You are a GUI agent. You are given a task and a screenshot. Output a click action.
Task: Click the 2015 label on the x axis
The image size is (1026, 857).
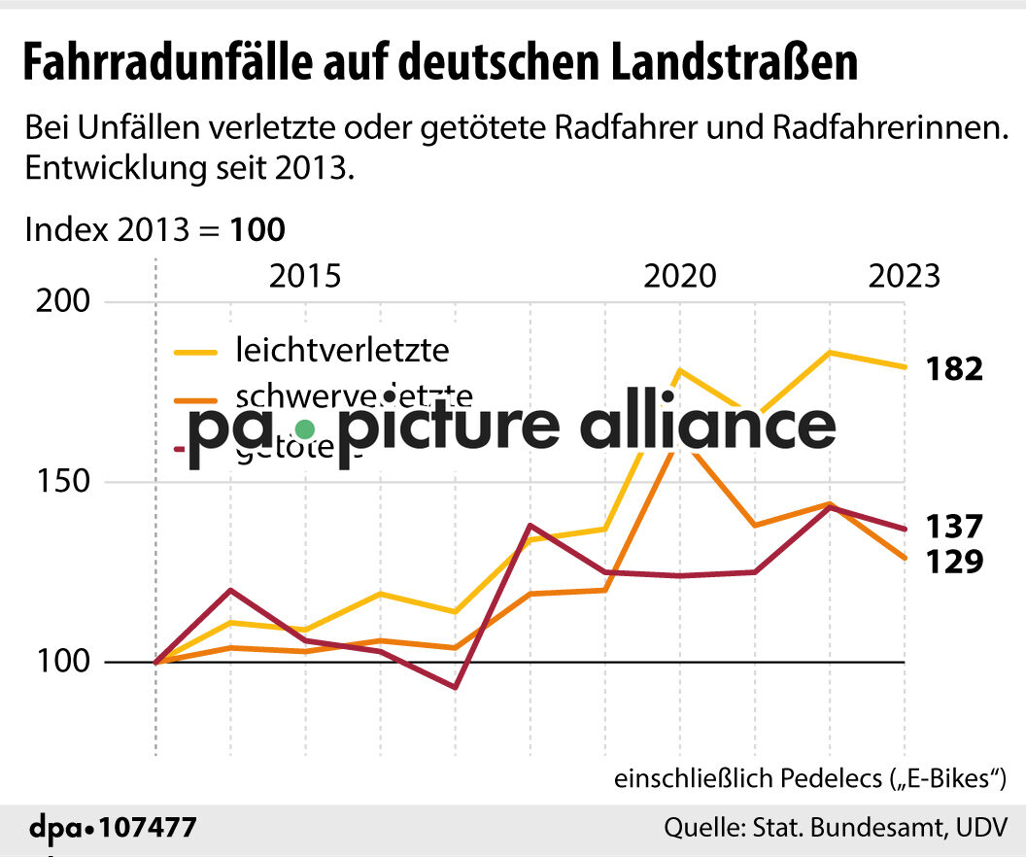coord(305,276)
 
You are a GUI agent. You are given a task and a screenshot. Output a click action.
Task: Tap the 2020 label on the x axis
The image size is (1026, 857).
coord(679,276)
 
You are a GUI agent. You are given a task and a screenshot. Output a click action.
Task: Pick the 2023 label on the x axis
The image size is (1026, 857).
coord(904,276)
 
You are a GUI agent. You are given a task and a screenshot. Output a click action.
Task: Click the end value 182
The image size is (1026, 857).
coord(954,369)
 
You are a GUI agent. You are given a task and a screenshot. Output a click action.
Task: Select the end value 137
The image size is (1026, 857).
coord(954,528)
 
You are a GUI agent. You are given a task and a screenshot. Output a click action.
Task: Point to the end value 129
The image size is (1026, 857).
coord(954,562)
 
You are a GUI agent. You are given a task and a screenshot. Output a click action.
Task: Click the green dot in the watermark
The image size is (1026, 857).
coord(305,428)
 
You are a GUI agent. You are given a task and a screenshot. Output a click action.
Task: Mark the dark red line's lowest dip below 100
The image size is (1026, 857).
coord(455,687)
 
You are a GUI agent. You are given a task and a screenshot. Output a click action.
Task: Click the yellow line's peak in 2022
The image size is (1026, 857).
coord(830,352)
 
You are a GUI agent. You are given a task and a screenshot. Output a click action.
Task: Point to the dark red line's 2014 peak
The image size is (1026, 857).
coord(230,590)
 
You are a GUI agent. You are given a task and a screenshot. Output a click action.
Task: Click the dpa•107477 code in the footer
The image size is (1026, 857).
coord(112,829)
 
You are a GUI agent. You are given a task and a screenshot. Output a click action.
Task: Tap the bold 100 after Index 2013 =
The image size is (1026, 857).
coord(257,230)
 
